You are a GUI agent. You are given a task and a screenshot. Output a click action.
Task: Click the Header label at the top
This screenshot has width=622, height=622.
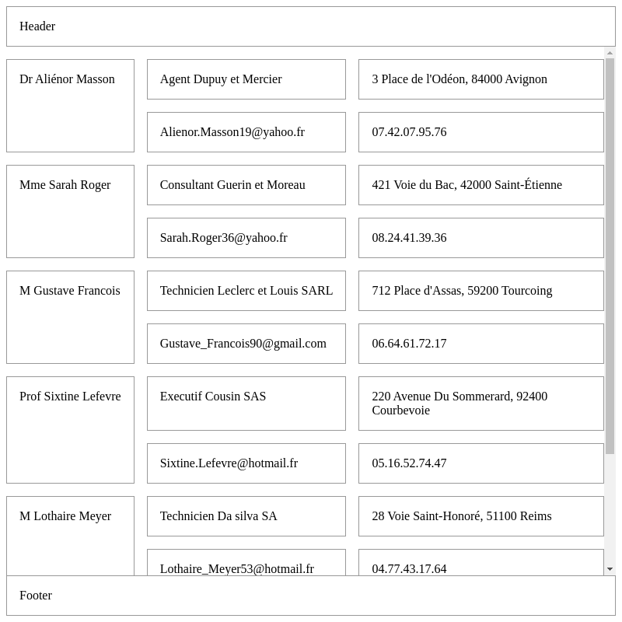point(37,26)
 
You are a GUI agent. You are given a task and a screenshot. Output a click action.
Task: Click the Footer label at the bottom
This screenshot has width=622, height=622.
point(36,596)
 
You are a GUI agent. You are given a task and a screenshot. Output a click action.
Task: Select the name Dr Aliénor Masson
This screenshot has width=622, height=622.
point(67,79)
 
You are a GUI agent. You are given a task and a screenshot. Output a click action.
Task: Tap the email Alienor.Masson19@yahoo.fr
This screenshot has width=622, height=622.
point(232,132)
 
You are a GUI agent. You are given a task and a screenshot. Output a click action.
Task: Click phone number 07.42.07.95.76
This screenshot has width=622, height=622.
point(409,132)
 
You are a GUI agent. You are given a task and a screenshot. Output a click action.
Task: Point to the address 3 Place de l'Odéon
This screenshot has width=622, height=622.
point(459,79)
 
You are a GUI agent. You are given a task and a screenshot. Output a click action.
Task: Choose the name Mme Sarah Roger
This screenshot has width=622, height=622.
point(65,185)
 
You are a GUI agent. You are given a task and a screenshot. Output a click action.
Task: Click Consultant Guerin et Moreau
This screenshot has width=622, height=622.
point(232,185)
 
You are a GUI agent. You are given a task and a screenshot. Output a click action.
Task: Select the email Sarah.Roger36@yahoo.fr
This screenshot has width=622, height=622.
point(223,238)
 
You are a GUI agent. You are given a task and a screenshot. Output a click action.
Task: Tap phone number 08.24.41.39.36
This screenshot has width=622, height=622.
point(409,238)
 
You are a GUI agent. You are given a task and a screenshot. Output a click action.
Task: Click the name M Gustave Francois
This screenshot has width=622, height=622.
point(70,291)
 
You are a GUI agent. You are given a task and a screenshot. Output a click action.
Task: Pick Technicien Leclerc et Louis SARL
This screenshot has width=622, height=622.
point(246,291)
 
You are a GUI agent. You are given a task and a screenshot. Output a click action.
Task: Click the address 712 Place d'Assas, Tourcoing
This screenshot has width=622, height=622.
point(462,291)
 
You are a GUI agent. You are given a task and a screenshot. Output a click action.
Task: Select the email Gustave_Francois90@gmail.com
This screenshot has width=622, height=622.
point(243,344)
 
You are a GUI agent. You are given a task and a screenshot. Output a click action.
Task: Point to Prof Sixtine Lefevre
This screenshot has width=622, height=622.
point(70,397)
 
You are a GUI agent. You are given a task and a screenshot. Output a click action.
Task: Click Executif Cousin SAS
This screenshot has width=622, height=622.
point(213,397)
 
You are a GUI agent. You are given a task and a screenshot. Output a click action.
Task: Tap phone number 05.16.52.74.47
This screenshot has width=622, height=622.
point(409,463)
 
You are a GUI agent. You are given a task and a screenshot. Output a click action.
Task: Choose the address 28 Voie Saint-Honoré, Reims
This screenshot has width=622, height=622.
point(461,516)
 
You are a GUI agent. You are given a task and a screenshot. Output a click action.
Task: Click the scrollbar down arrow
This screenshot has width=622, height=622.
point(610,569)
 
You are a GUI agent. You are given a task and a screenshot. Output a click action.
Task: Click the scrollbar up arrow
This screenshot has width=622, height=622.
point(610,53)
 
